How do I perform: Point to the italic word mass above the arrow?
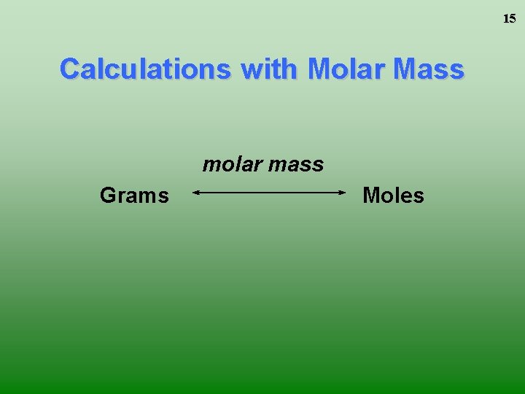coord(295,164)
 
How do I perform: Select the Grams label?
coord(134,196)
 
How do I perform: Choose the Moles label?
coord(393,196)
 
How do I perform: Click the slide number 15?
coord(509,19)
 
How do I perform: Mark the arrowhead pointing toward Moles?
coord(342,193)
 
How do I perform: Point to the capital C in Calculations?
coord(70,69)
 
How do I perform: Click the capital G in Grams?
coord(107,196)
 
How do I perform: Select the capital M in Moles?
coord(371,196)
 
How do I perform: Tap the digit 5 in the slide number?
coord(513,19)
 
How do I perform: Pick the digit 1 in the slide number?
coord(506,19)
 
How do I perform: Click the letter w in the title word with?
coord(250,70)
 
